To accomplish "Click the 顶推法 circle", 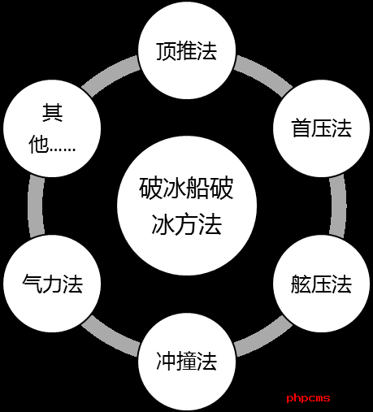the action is click(x=187, y=50).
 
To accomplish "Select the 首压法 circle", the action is click(x=322, y=128).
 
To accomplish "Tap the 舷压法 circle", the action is click(x=322, y=284).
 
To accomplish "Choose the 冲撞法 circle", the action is click(x=187, y=362).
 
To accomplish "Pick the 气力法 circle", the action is click(x=52, y=284).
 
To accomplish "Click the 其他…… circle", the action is click(x=52, y=128).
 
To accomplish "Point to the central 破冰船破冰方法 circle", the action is click(x=187, y=206).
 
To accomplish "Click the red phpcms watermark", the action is click(x=308, y=398).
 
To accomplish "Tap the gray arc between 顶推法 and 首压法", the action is click(x=264, y=73).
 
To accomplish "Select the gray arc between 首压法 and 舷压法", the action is click(x=338, y=206).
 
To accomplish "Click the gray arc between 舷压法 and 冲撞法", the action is click(x=264, y=339).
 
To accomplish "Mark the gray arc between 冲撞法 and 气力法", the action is click(x=110, y=339).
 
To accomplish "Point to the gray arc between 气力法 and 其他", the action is click(x=36, y=206).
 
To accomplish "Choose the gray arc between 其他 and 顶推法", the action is click(x=110, y=73).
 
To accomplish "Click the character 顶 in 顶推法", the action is click(x=167, y=51).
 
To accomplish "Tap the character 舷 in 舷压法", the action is click(x=301, y=284).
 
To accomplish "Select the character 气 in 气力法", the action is click(x=33, y=284).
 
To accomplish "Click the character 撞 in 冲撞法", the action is click(x=187, y=361).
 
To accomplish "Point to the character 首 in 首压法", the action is click(x=301, y=128).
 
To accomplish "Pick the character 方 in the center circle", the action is click(x=187, y=224).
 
